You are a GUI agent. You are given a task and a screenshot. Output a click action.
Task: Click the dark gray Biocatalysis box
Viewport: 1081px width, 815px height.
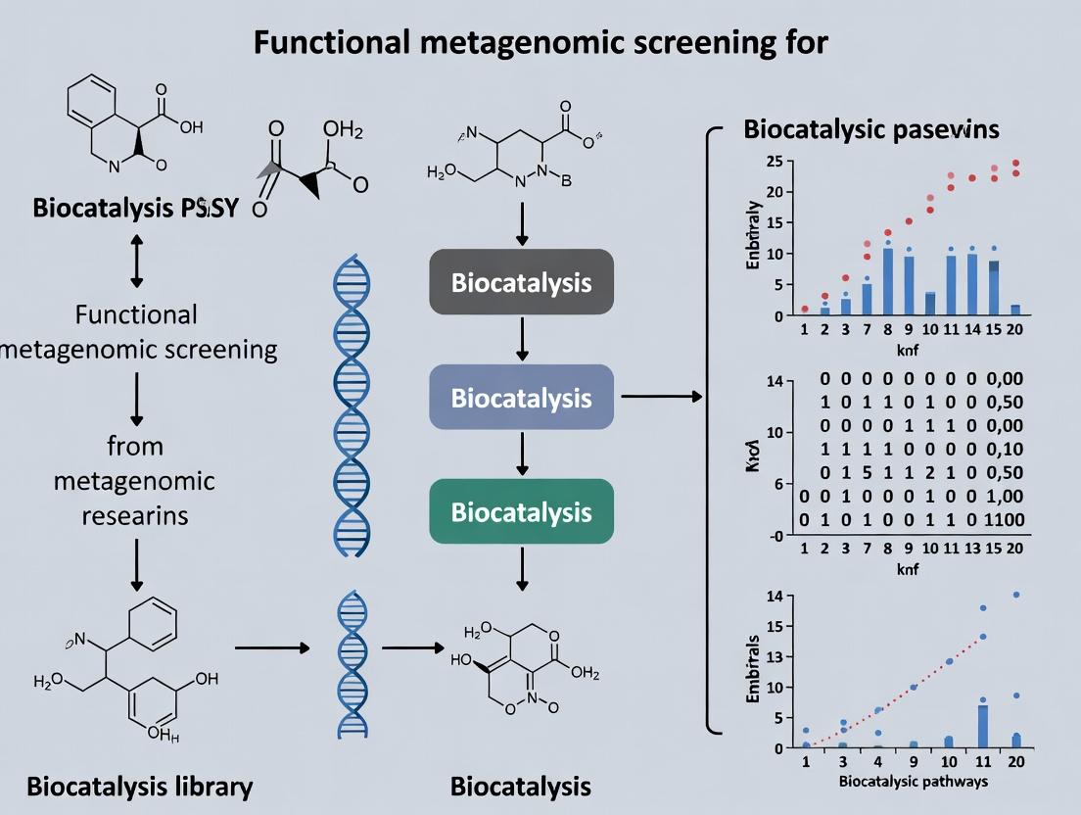pyautogui.click(x=521, y=283)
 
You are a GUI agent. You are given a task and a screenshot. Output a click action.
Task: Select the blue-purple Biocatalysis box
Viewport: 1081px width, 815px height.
pyautogui.click(x=521, y=398)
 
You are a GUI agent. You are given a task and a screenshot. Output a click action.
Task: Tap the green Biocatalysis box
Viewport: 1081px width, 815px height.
pyautogui.click(x=521, y=511)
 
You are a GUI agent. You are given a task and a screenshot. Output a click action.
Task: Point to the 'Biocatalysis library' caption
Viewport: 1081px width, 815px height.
pyautogui.click(x=139, y=786)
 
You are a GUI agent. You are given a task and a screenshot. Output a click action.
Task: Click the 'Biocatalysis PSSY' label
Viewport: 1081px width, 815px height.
pyautogui.click(x=135, y=208)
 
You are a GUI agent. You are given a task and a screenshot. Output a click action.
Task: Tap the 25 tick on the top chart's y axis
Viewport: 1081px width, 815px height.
pyautogui.click(x=774, y=161)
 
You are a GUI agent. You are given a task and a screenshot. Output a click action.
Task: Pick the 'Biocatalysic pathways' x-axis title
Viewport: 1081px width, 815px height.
pyautogui.click(x=914, y=781)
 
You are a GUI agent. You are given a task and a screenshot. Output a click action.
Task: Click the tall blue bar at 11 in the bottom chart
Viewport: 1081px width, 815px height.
pyautogui.click(x=982, y=726)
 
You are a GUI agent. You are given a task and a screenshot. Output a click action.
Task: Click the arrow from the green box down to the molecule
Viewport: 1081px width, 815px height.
pyautogui.click(x=522, y=568)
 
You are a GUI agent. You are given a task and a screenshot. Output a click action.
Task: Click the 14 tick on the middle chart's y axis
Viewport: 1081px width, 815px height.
pyautogui.click(x=774, y=380)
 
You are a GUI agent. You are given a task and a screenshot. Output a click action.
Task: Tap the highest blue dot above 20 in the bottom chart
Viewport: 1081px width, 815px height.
pyautogui.click(x=1016, y=595)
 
